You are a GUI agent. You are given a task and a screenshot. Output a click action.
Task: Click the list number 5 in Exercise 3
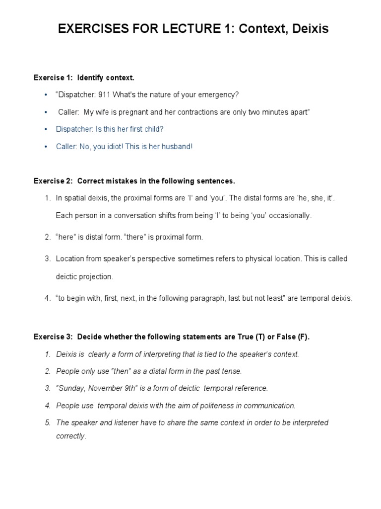[x=48, y=423]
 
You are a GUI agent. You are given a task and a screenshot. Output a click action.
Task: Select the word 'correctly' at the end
[x=70, y=436]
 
